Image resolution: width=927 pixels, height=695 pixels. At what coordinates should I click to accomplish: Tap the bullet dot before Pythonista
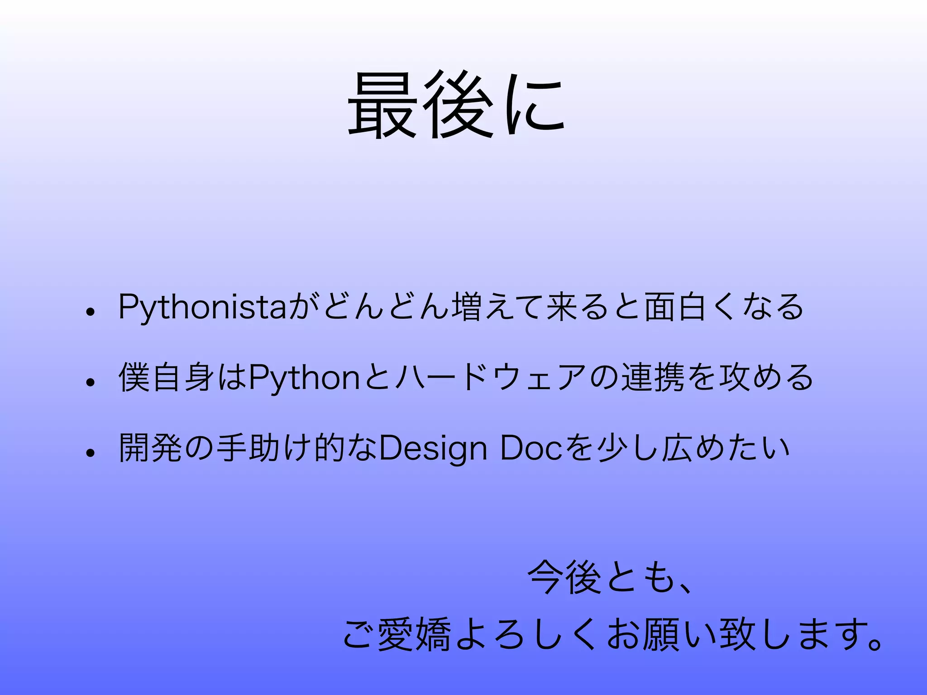point(91,312)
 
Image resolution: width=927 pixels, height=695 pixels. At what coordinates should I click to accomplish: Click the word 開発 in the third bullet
point(150,448)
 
